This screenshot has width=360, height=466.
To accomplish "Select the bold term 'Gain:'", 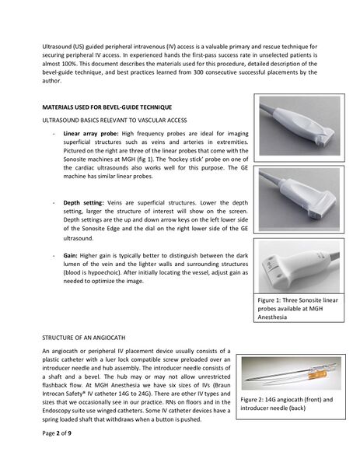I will [72, 254].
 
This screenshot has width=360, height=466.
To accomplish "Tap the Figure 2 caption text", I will [287, 404].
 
